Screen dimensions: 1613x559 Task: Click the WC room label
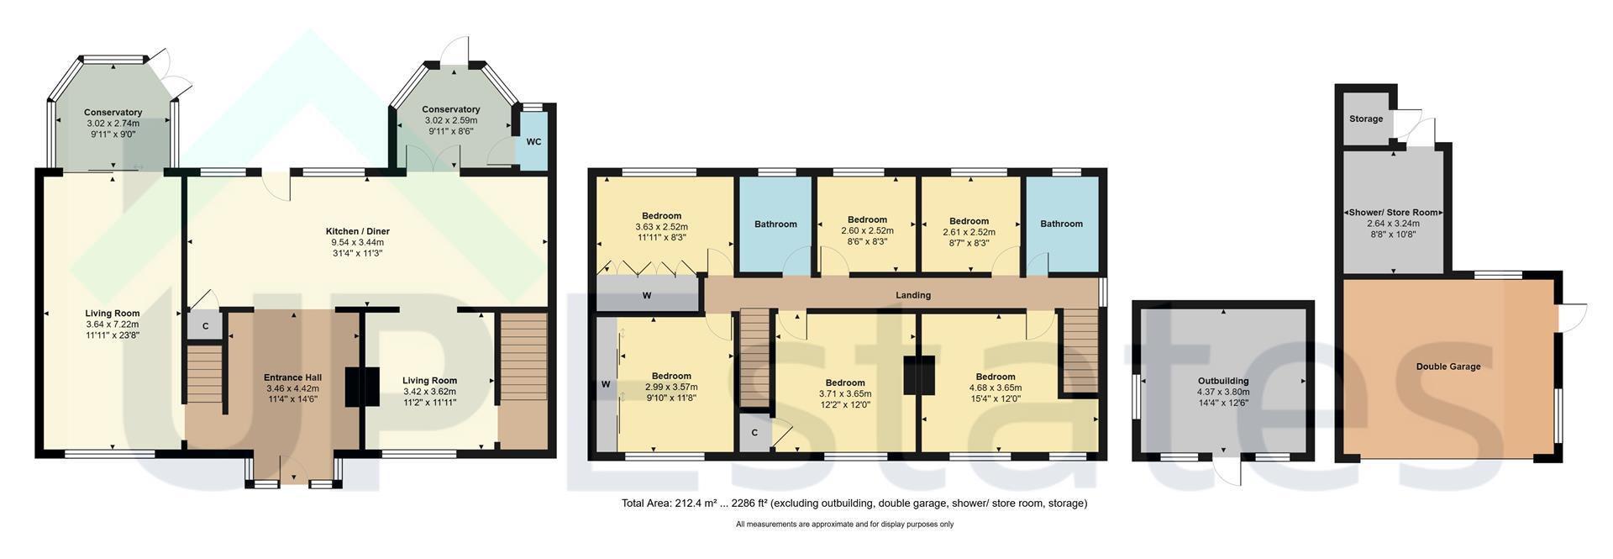point(533,141)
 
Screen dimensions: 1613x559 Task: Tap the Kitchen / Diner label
point(358,231)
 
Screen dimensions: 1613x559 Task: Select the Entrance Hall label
point(292,377)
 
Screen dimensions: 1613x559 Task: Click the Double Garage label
point(1448,367)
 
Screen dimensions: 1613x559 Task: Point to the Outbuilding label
point(1223,381)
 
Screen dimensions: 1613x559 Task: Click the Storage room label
point(1366,119)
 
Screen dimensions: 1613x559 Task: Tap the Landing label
point(913,295)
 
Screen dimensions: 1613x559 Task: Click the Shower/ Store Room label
point(1393,213)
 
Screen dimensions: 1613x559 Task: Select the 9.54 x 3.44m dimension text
point(358,242)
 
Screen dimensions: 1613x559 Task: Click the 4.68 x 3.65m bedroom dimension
point(996,388)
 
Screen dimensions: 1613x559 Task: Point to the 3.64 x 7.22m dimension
point(112,324)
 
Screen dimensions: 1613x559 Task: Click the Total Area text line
point(854,504)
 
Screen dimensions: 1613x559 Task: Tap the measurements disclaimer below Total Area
point(845,525)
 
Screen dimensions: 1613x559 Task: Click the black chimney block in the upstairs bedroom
point(919,375)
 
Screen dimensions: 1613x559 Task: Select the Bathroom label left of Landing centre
point(775,224)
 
